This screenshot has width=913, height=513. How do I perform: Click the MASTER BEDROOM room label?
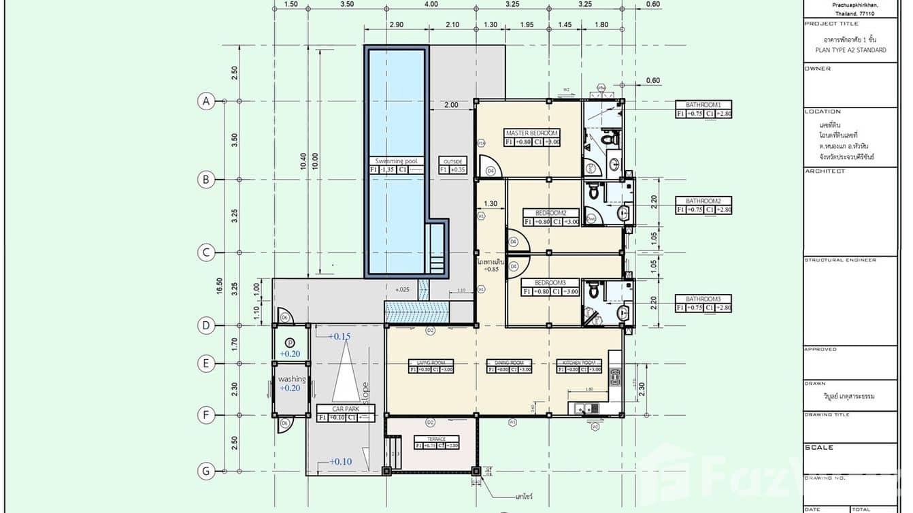pyautogui.click(x=531, y=133)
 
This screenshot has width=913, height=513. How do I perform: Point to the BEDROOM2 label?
pyautogui.click(x=550, y=212)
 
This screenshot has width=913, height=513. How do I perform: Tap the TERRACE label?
pyautogui.click(x=436, y=439)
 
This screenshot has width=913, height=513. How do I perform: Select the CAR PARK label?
pyautogui.click(x=346, y=409)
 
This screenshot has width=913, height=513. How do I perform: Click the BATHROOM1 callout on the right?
pyautogui.click(x=703, y=105)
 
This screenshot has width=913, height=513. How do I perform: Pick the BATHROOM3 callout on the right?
pyautogui.click(x=703, y=299)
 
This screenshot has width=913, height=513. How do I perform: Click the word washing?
pyautogui.click(x=291, y=379)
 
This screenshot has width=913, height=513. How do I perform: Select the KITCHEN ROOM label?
pyautogui.click(x=579, y=363)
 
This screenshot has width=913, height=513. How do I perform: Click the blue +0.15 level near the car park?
pyautogui.click(x=339, y=336)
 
